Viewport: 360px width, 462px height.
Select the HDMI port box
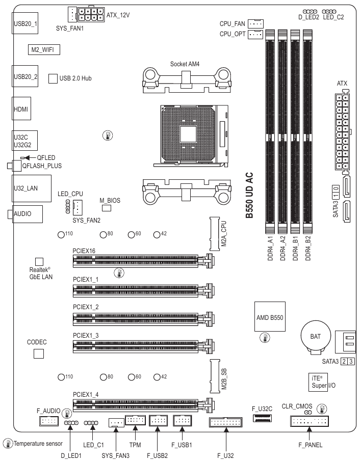(x=21, y=109)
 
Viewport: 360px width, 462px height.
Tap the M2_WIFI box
(x=43, y=49)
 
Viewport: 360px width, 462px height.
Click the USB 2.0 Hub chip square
(x=53, y=78)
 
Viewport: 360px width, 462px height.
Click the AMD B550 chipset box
(x=270, y=317)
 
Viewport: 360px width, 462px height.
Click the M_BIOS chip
(x=106, y=208)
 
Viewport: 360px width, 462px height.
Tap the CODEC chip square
(x=39, y=353)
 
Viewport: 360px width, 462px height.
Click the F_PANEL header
(x=310, y=421)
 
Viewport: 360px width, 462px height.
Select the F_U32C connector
(x=262, y=418)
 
